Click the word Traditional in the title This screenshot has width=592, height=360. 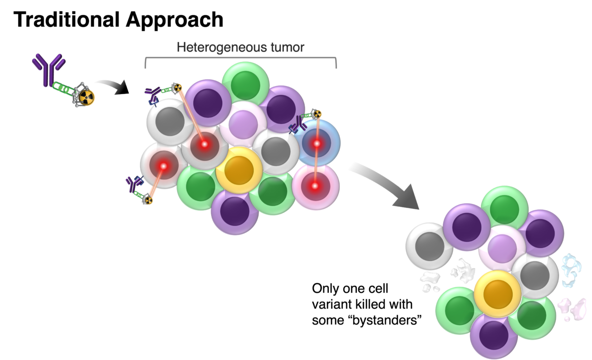click(66, 19)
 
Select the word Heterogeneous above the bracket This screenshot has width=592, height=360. click(216, 47)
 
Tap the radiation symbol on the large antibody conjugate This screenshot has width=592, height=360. click(87, 97)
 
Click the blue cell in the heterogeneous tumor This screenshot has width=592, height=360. click(317, 143)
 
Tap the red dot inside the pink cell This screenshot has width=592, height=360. click(315, 186)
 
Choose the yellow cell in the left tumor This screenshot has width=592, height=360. click(239, 170)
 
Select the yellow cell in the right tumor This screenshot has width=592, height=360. click(497, 293)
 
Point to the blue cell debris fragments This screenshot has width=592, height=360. click(570, 270)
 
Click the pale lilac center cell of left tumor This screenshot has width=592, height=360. click(243, 124)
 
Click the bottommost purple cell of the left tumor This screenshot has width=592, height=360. click(235, 211)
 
